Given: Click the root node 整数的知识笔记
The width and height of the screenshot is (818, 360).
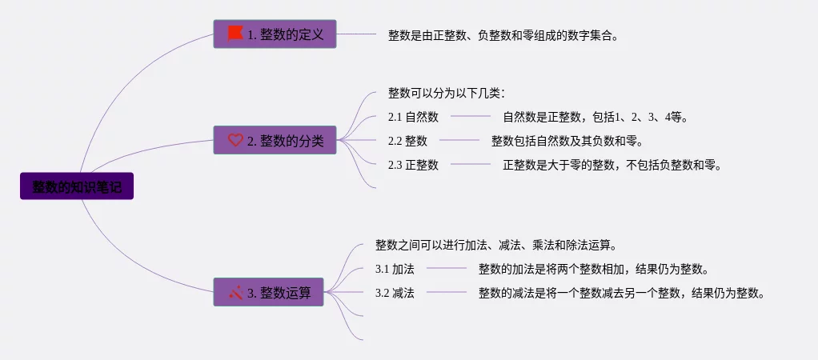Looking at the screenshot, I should pyautogui.click(x=77, y=186).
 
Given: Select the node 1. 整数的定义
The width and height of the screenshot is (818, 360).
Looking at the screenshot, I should pyautogui.click(x=275, y=34).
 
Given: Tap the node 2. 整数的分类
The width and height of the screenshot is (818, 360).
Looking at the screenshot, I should pyautogui.click(x=275, y=140).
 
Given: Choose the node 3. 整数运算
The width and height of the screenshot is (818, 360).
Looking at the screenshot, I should pyautogui.click(x=268, y=293).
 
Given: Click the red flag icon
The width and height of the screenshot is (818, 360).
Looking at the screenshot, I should pyautogui.click(x=235, y=33).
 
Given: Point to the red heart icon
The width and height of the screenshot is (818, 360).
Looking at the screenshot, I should pyautogui.click(x=235, y=140).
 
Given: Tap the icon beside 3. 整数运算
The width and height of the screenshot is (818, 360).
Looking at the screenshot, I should pyautogui.click(x=235, y=292).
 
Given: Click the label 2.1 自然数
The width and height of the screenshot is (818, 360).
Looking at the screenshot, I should pyautogui.click(x=413, y=117).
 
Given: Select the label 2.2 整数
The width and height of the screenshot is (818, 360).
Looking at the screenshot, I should pyautogui.click(x=407, y=141).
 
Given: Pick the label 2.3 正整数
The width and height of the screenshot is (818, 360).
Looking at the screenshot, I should pyautogui.click(x=413, y=165).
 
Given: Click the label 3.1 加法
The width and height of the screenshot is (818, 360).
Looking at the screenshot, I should pyautogui.click(x=395, y=269).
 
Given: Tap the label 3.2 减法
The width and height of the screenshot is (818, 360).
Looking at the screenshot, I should pyautogui.click(x=395, y=293).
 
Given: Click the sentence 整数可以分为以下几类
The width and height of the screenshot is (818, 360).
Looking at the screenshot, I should pyautogui.click(x=446, y=93).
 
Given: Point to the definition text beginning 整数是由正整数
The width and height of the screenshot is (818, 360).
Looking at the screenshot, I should pyautogui.click(x=503, y=35).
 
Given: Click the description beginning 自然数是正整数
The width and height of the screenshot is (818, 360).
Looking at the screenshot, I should pyautogui.click(x=595, y=117).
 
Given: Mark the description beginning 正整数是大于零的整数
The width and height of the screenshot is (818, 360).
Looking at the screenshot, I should pyautogui.click(x=612, y=165).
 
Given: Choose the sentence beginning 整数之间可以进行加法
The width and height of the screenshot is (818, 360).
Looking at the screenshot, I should pyautogui.click(x=495, y=245).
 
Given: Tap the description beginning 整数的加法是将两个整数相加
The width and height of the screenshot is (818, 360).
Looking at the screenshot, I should pyautogui.click(x=593, y=269).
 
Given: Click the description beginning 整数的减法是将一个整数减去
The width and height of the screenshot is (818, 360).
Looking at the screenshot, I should pyautogui.click(x=622, y=293).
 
